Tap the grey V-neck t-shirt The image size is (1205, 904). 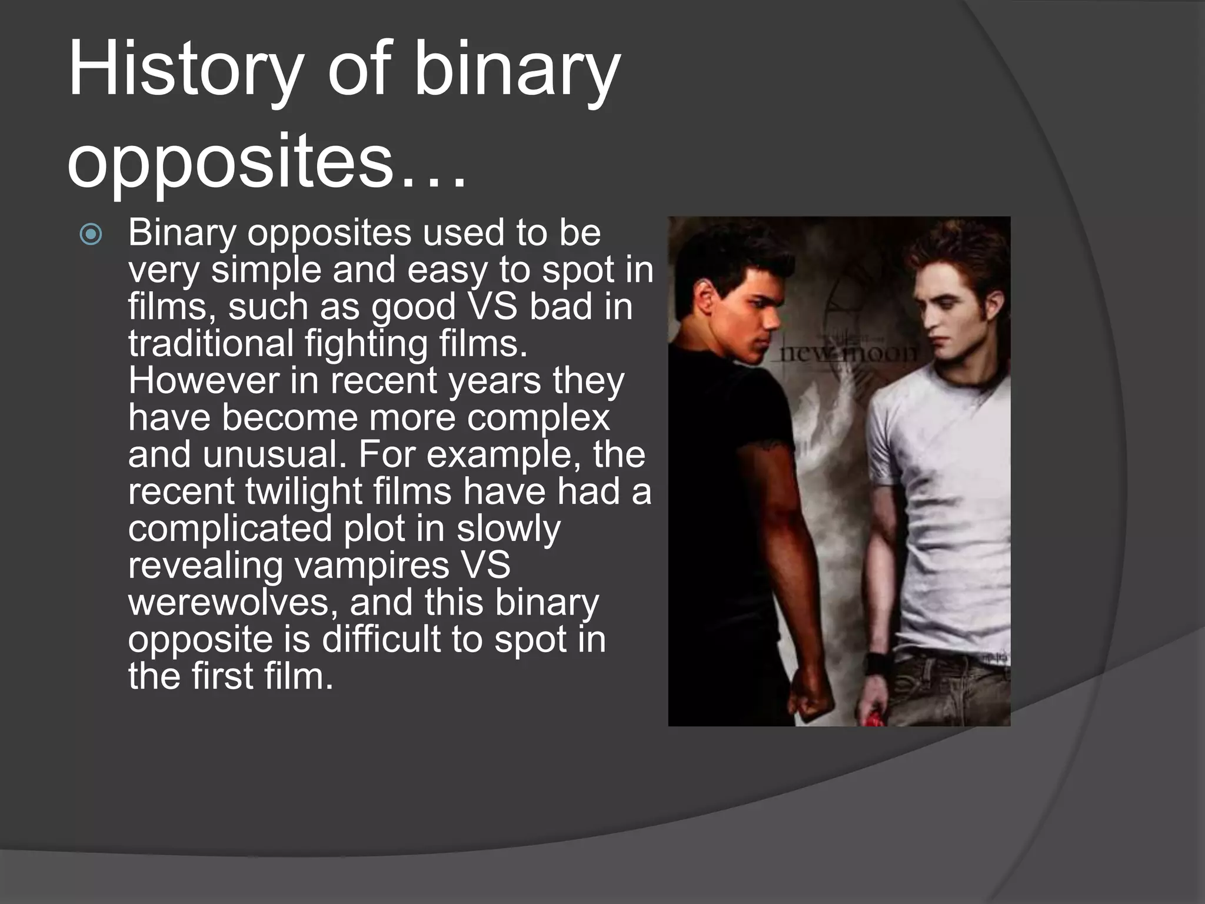pos(941,500)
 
